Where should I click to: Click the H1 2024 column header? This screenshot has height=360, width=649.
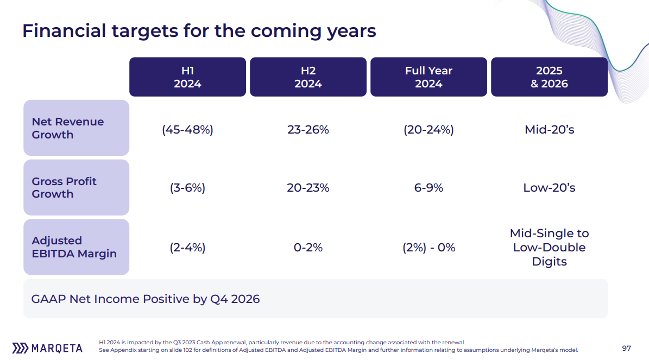click(187, 77)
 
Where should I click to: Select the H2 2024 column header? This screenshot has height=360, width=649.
click(308, 77)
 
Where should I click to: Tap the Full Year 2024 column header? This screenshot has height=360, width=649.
click(429, 77)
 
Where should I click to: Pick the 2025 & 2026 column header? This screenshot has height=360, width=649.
click(549, 77)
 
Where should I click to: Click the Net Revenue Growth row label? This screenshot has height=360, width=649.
click(76, 128)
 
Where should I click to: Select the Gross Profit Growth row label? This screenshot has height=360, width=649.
click(76, 187)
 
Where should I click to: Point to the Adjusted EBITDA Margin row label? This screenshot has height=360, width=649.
click(76, 247)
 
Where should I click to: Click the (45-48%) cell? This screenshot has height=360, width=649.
click(187, 130)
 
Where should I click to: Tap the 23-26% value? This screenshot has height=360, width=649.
click(308, 130)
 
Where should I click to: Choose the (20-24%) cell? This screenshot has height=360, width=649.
click(429, 130)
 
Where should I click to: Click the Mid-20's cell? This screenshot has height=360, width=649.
click(550, 130)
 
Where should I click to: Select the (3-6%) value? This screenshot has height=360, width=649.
click(187, 188)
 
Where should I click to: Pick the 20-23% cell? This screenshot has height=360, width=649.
click(308, 188)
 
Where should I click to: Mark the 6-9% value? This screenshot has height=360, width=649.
click(429, 188)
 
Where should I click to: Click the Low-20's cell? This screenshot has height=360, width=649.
click(550, 188)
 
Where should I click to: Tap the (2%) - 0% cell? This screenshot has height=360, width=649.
click(429, 248)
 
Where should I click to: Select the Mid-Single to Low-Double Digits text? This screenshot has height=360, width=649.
click(550, 248)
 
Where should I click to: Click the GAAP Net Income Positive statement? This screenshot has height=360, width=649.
click(146, 299)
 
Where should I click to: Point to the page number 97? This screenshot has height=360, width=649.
click(626, 348)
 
